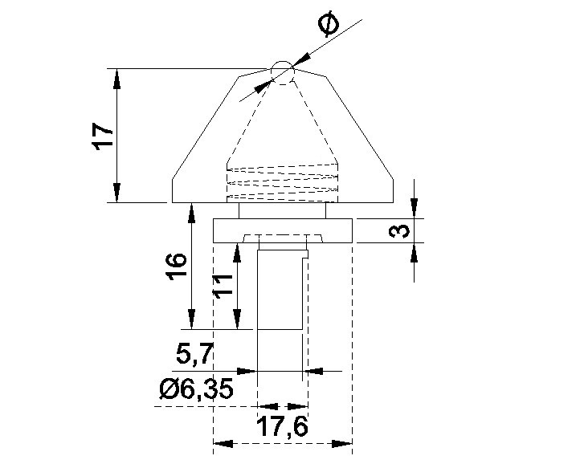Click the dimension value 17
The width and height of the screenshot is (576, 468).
click(103, 136)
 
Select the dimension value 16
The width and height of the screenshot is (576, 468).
click(177, 267)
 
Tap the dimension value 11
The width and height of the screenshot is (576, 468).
click(223, 287)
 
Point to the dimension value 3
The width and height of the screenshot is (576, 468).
click(399, 230)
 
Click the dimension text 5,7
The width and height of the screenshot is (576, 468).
click(194, 354)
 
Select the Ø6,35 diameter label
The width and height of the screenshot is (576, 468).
click(197, 389)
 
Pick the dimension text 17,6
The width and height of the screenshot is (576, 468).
click(282, 425)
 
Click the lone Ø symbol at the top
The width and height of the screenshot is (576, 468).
click(329, 24)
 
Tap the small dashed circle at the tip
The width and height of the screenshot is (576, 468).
click(283, 73)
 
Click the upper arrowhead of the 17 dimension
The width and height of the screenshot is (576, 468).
click(116, 79)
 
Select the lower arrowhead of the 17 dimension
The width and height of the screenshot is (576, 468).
click(116, 192)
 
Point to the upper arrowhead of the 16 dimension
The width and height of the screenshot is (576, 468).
click(191, 213)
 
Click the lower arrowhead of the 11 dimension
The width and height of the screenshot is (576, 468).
click(237, 319)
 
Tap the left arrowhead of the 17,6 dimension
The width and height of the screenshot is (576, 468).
click(223, 443)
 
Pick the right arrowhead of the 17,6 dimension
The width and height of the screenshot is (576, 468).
click(342, 443)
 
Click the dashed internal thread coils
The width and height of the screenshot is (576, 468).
click(283, 182)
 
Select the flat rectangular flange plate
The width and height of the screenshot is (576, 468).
click(283, 230)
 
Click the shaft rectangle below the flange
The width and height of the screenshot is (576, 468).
click(283, 290)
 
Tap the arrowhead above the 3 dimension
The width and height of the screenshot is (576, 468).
click(415, 209)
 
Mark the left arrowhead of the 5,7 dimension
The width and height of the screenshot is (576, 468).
click(247, 371)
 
